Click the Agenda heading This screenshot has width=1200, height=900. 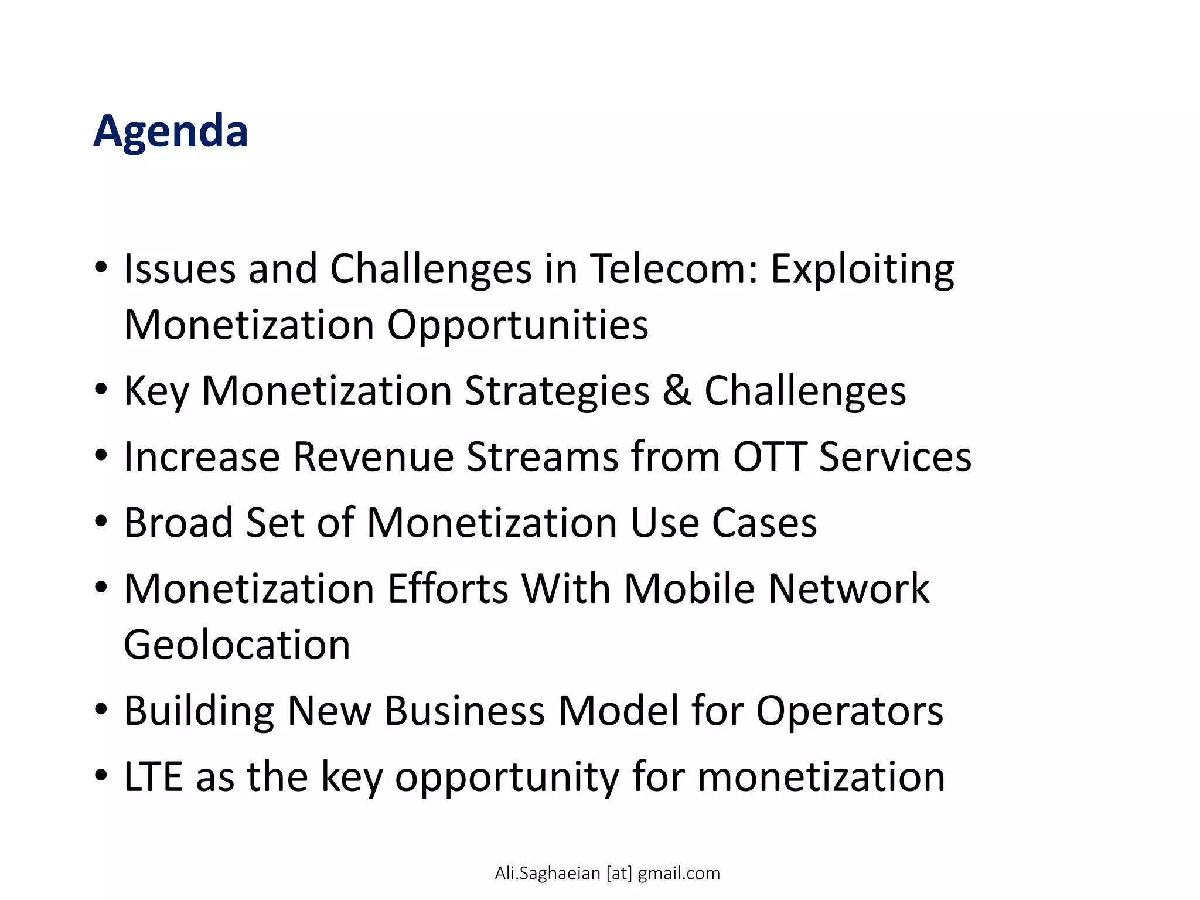pos(171,131)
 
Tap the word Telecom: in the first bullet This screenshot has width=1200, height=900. pos(674,269)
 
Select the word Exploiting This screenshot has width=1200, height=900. pos(862,269)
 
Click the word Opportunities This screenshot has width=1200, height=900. pos(517,325)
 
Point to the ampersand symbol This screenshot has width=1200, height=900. pos(677,391)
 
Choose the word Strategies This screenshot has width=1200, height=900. pos(557,391)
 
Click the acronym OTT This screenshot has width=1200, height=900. pos(769,456)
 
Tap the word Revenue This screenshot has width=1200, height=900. pos(373,456)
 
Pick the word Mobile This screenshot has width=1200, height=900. pos(689,588)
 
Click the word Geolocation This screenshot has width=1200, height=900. pos(237,645)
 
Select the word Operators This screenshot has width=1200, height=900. pos(850,711)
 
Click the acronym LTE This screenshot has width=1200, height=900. pos(153,776)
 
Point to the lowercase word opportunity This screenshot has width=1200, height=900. pos(507,778)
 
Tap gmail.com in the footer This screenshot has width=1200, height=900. pos(679,874)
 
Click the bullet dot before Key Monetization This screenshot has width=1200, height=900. pos(101,389)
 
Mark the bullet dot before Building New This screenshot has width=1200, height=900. pos(101,709)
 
